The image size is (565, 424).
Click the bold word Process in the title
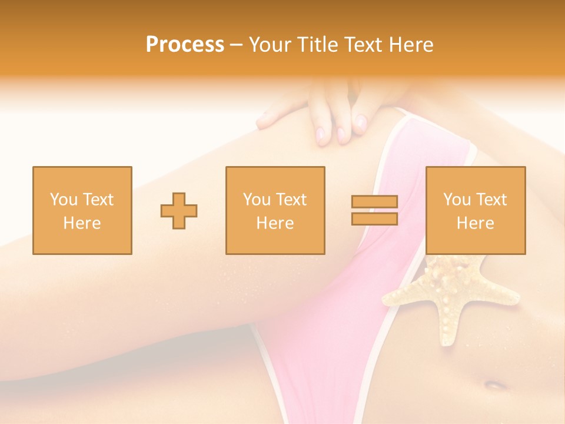[185, 45]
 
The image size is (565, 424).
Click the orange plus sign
[179, 210]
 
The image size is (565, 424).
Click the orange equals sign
[374, 210]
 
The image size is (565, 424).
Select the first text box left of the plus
[82, 210]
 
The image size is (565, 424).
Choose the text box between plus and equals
[275, 210]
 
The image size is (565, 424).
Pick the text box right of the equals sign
[475, 210]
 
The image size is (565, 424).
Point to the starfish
[450, 300]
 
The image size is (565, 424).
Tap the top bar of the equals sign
[374, 201]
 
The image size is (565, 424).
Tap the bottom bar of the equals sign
[374, 218]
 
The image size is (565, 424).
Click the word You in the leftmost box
[64, 200]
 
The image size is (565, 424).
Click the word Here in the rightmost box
[475, 223]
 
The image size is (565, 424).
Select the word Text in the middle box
[292, 200]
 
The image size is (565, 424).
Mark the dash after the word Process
[237, 45]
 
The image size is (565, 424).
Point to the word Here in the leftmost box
[82, 223]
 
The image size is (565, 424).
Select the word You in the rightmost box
[457, 200]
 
